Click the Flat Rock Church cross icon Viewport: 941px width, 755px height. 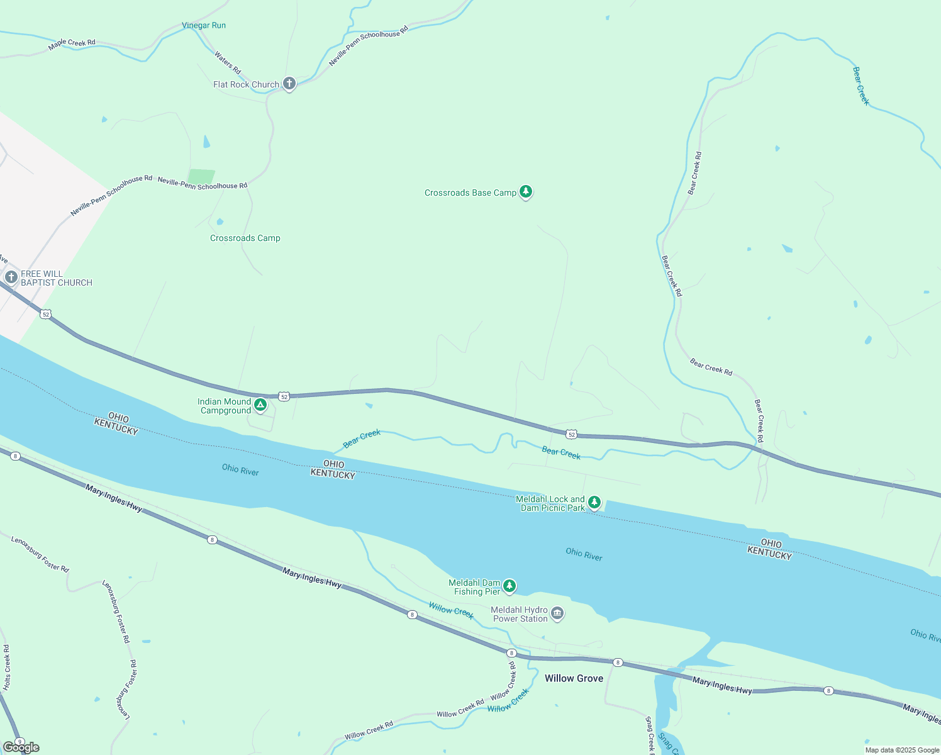(x=289, y=83)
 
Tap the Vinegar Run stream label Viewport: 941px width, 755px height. (x=204, y=26)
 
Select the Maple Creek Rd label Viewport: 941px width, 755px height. (x=72, y=43)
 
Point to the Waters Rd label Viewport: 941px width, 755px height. (x=228, y=62)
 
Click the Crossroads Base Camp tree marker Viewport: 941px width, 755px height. (x=526, y=192)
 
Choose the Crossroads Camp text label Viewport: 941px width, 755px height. (x=245, y=238)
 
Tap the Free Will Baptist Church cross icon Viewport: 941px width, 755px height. (x=11, y=277)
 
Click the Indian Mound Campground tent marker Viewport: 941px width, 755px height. (x=260, y=405)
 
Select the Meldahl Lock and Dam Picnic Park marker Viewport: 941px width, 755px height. (x=594, y=502)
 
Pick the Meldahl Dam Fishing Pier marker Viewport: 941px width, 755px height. (x=509, y=586)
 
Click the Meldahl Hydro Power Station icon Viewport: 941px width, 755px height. (x=557, y=613)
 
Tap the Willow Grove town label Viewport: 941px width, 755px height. (x=574, y=678)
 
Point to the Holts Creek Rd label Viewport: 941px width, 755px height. (x=7, y=667)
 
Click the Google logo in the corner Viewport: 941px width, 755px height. (x=21, y=747)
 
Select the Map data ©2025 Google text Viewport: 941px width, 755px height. (x=902, y=750)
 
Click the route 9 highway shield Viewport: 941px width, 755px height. (x=19, y=742)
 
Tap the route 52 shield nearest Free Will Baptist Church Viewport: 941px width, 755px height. (x=45, y=314)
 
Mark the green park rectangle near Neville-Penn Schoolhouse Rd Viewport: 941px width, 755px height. (x=201, y=177)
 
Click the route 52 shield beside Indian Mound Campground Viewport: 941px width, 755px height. (x=284, y=396)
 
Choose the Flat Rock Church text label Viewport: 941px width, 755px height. (x=246, y=85)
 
